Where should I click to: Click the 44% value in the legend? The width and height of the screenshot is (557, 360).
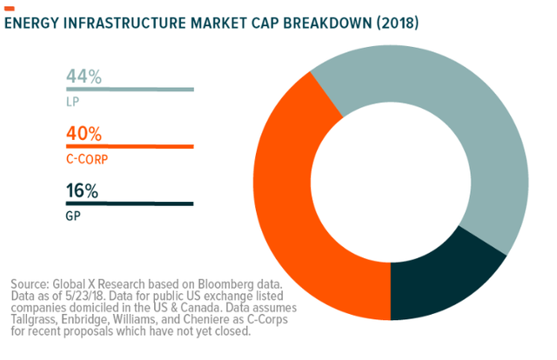point(84,77)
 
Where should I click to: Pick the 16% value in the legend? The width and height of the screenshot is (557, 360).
point(83,191)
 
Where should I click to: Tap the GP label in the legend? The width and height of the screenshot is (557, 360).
point(73,214)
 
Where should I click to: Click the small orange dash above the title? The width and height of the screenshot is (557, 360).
point(10,7)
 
